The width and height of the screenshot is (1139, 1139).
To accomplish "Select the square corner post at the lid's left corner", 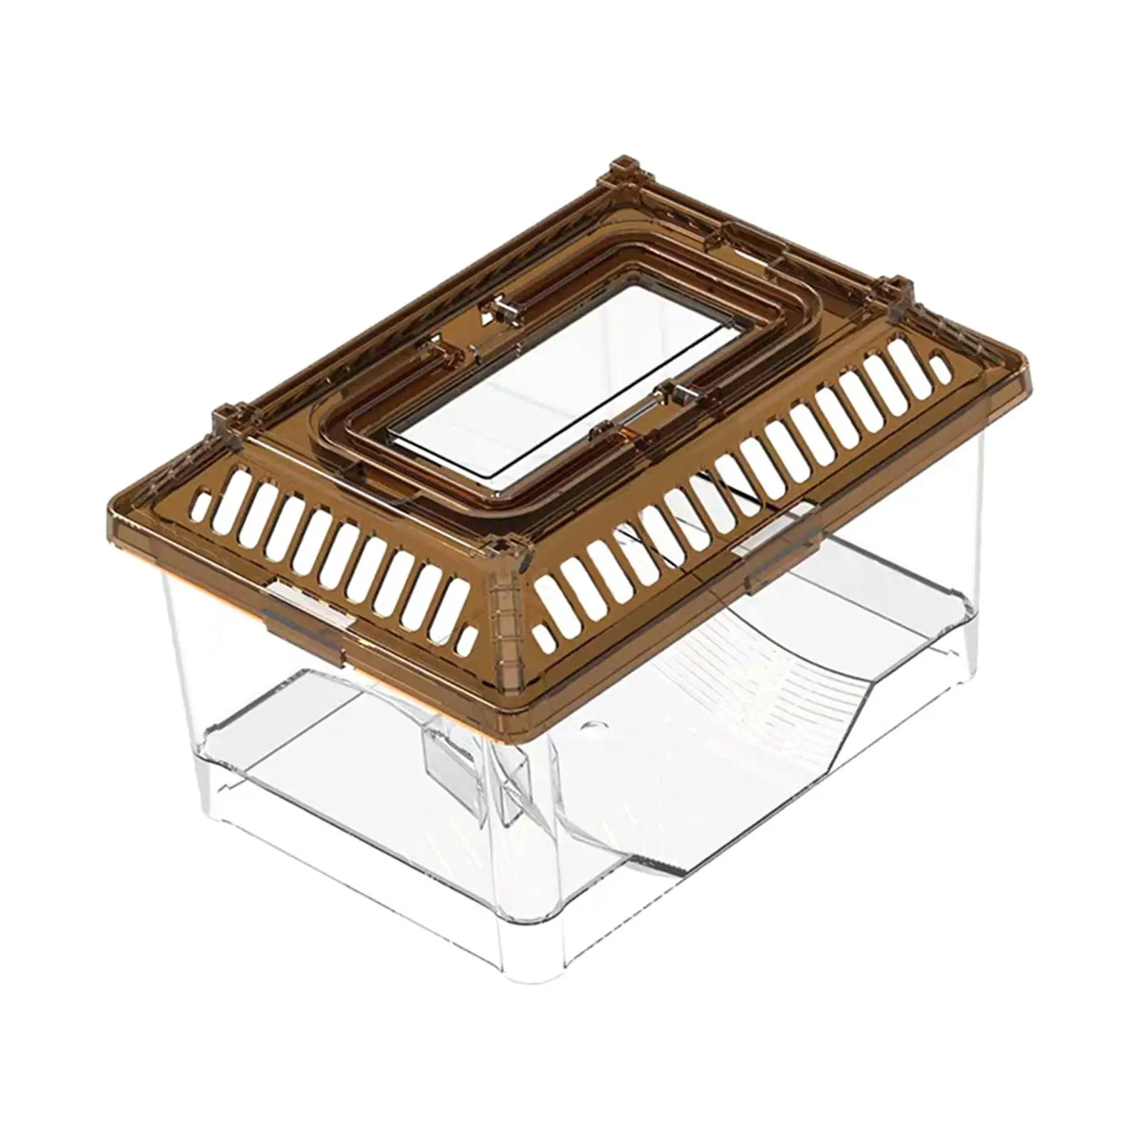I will tap(225, 419).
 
